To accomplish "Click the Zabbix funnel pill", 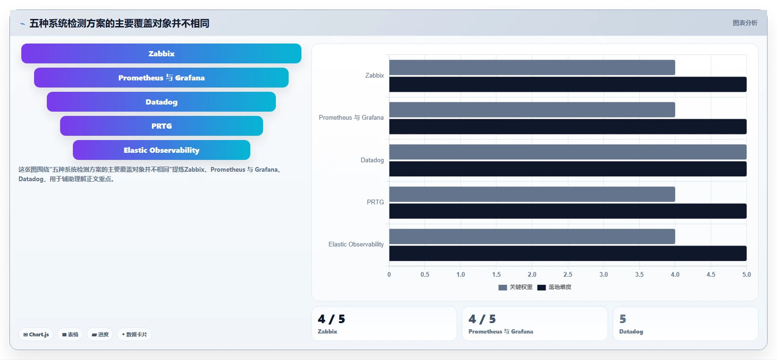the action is click(x=161, y=53).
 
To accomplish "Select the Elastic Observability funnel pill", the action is click(x=161, y=150).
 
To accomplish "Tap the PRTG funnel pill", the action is click(x=161, y=126).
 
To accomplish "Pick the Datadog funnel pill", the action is click(x=161, y=102).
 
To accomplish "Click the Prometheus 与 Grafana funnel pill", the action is click(x=161, y=78).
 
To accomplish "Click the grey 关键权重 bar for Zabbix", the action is click(x=532, y=67).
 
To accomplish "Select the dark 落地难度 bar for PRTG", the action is click(x=568, y=211).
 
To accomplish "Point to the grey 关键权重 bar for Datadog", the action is click(x=568, y=152).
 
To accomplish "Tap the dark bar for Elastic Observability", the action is click(x=568, y=253).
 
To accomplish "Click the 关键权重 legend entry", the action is click(x=515, y=287).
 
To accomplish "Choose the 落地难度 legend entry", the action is click(x=554, y=287).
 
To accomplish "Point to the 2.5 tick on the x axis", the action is click(x=568, y=274).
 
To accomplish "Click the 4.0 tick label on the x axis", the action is click(x=675, y=274).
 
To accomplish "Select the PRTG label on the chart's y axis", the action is click(x=375, y=202).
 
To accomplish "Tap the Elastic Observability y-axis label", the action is click(x=356, y=244).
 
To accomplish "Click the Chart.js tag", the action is click(x=36, y=334).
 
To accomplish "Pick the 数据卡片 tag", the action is click(x=134, y=334).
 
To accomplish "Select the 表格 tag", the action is click(x=70, y=334).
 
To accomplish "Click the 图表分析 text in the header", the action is click(x=745, y=23).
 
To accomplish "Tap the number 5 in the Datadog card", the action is click(x=623, y=319).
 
